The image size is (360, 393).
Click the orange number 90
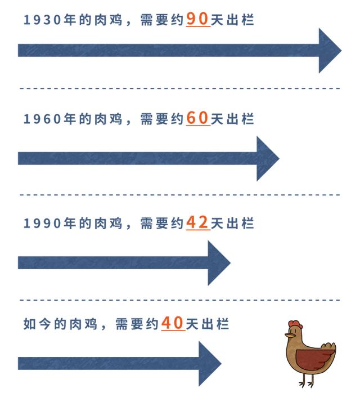pos(197,20)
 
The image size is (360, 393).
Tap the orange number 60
pos(197,119)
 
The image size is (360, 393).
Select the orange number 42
pos(197,223)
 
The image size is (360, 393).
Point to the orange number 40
pos(173,324)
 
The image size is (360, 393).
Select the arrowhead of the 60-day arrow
pos(268,158)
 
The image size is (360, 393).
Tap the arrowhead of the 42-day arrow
pos(219,262)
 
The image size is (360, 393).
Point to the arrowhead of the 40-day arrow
pos(210,363)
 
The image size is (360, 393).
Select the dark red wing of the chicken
pos(316,358)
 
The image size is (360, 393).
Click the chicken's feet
pos(307,384)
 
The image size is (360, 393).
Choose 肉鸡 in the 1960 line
pos(110,120)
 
